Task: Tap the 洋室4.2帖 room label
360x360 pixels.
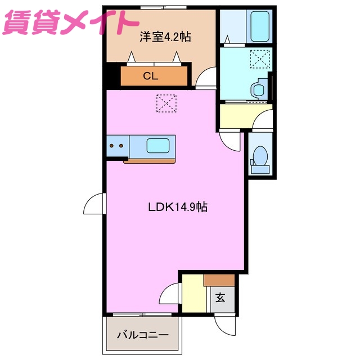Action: [x=165, y=38]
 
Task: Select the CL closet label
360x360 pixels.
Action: [x=150, y=76]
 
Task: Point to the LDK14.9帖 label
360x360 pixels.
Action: [x=178, y=207]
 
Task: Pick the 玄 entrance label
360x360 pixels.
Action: [x=220, y=298]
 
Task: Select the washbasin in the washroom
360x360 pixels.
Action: [x=259, y=89]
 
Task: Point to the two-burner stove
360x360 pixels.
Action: [x=116, y=146]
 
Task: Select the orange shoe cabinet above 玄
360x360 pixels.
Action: [x=219, y=280]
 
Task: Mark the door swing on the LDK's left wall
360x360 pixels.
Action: [x=94, y=204]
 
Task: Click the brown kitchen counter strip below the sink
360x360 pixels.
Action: [x=150, y=161]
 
